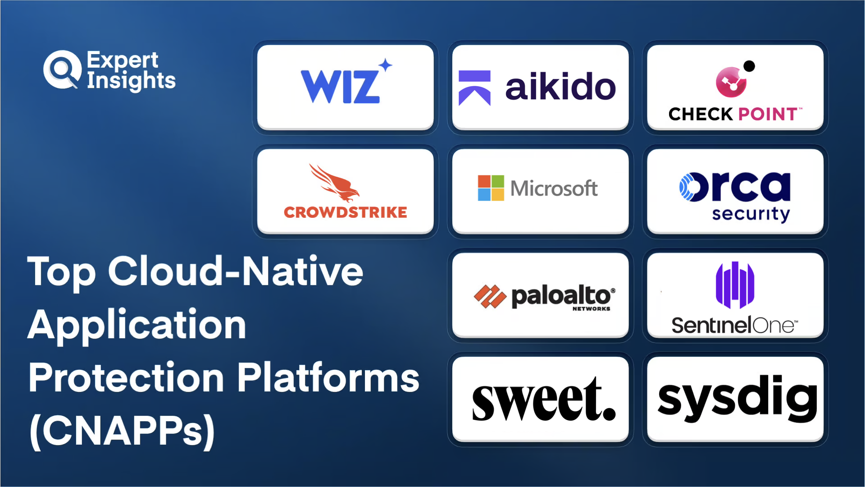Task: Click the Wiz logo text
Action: click(x=340, y=87)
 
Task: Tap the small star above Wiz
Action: click(x=385, y=65)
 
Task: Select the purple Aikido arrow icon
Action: click(x=474, y=88)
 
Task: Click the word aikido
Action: click(x=560, y=87)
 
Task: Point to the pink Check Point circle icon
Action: click(x=731, y=82)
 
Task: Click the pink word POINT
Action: click(x=768, y=114)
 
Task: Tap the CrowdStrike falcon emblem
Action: click(x=334, y=183)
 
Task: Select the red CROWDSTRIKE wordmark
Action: click(x=346, y=212)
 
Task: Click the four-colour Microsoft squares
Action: click(x=491, y=188)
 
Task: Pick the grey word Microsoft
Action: click(x=554, y=188)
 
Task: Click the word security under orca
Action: click(x=751, y=214)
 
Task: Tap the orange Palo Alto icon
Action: click(x=490, y=297)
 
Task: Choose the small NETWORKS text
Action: click(x=591, y=309)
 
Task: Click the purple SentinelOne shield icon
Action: click(x=735, y=285)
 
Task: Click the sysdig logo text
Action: click(x=738, y=398)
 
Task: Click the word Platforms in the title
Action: click(x=328, y=377)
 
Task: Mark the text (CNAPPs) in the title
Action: click(x=122, y=431)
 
